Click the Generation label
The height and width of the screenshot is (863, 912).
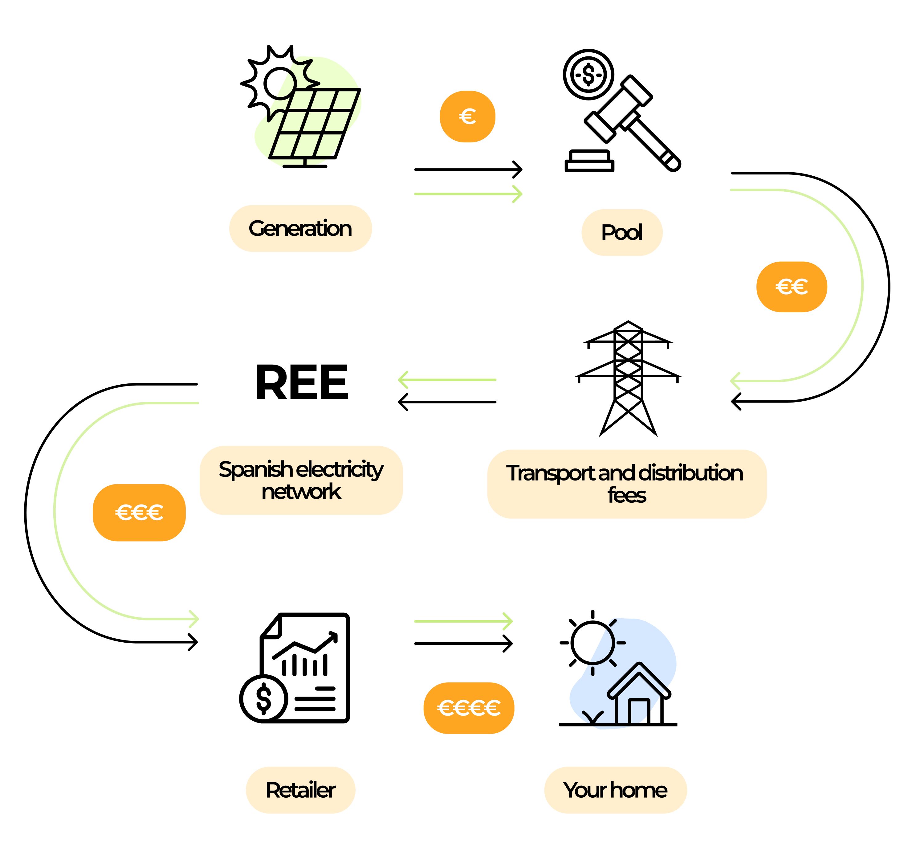(x=300, y=229)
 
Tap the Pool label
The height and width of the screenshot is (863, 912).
(x=622, y=232)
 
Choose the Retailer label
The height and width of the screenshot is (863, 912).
(x=300, y=790)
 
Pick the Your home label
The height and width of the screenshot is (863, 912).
(x=615, y=790)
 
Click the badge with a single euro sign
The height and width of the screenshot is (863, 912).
(x=467, y=117)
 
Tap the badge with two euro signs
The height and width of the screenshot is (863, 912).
(x=792, y=287)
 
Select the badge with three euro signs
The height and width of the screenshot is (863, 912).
(x=139, y=513)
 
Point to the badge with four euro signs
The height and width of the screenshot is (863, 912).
(x=469, y=708)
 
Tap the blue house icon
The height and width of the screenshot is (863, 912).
(x=623, y=674)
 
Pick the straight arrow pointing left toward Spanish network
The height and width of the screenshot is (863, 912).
(x=447, y=380)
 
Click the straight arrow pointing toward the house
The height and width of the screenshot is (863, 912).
(x=463, y=621)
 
